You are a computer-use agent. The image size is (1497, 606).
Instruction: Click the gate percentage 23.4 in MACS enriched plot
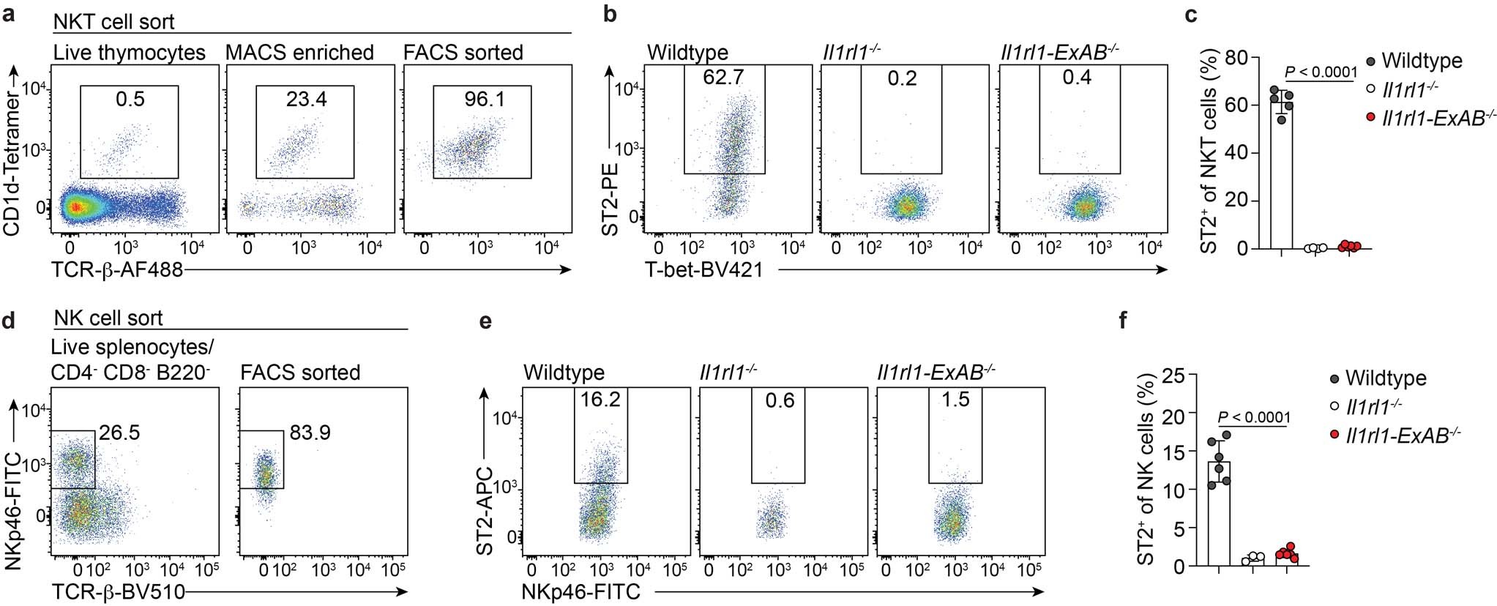coord(306,99)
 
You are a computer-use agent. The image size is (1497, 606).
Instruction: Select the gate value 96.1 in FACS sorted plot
coord(484,99)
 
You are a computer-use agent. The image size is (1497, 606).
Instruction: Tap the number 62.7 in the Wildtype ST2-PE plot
coord(723,78)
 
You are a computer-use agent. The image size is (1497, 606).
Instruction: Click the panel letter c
coord(1191,13)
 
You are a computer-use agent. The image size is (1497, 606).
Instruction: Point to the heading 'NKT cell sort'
coord(114,22)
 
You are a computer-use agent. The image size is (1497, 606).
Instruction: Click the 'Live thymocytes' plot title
coord(130,53)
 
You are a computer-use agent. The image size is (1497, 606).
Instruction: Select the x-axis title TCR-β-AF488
coord(117,271)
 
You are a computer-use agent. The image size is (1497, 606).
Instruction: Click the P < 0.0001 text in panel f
coord(1254,417)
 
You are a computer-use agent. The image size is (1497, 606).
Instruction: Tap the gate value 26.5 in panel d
coord(119,433)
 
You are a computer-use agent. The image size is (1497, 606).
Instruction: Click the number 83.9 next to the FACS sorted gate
coord(310,433)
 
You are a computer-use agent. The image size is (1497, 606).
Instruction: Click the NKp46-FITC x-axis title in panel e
coord(581,591)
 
